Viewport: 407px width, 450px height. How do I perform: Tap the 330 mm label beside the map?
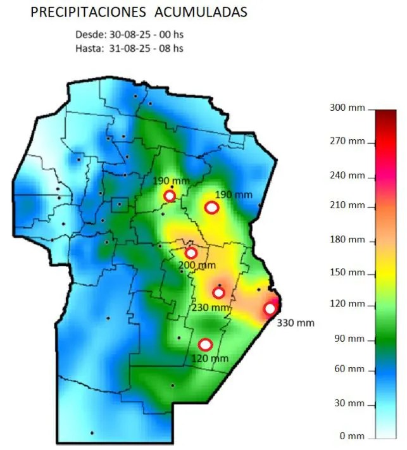click(296, 323)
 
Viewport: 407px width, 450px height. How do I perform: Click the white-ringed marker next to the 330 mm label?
click(270, 308)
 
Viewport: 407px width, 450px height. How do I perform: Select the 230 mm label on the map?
click(210, 308)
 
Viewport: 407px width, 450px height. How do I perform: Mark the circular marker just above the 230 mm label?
click(218, 292)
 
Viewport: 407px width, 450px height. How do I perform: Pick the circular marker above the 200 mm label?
click(191, 253)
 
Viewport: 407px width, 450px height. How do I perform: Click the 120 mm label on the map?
click(210, 359)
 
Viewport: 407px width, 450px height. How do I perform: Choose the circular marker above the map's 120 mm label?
click(205, 344)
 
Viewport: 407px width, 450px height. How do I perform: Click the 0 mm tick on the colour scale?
click(351, 436)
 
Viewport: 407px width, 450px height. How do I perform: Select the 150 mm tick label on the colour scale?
click(348, 273)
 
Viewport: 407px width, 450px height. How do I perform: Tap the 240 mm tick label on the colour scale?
click(348, 175)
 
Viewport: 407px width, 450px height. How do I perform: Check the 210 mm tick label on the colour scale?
click(348, 206)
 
